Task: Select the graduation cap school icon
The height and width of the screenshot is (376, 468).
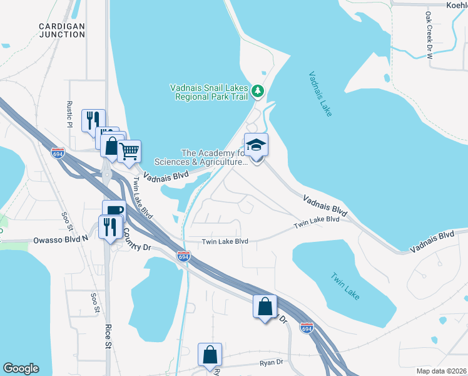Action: pos(256,145)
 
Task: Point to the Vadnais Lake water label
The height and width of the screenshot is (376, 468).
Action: pos(320,94)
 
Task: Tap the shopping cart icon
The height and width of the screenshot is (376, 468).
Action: pos(129,151)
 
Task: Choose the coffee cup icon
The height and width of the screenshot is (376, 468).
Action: pos(114,211)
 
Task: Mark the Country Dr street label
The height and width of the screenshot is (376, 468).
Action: pos(137,239)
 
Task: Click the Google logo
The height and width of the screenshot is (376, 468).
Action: pos(21,368)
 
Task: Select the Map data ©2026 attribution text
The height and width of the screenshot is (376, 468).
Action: pos(442,370)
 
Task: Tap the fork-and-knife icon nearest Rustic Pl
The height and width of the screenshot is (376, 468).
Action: pos(93,120)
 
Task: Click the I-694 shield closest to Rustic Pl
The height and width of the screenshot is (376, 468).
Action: pos(58,152)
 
